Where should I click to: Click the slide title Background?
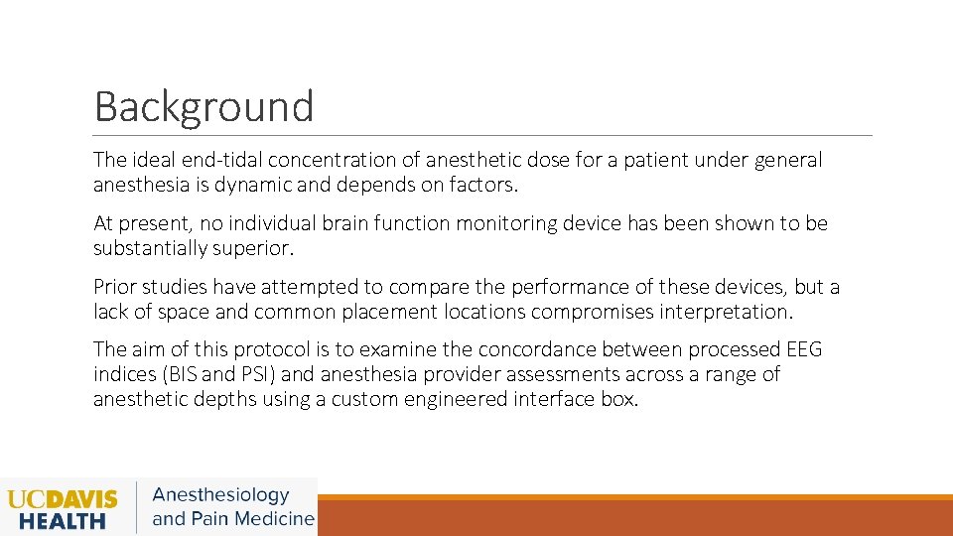204,106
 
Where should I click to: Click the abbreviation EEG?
804,349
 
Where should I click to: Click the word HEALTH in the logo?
63,520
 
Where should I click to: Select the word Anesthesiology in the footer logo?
220,495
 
